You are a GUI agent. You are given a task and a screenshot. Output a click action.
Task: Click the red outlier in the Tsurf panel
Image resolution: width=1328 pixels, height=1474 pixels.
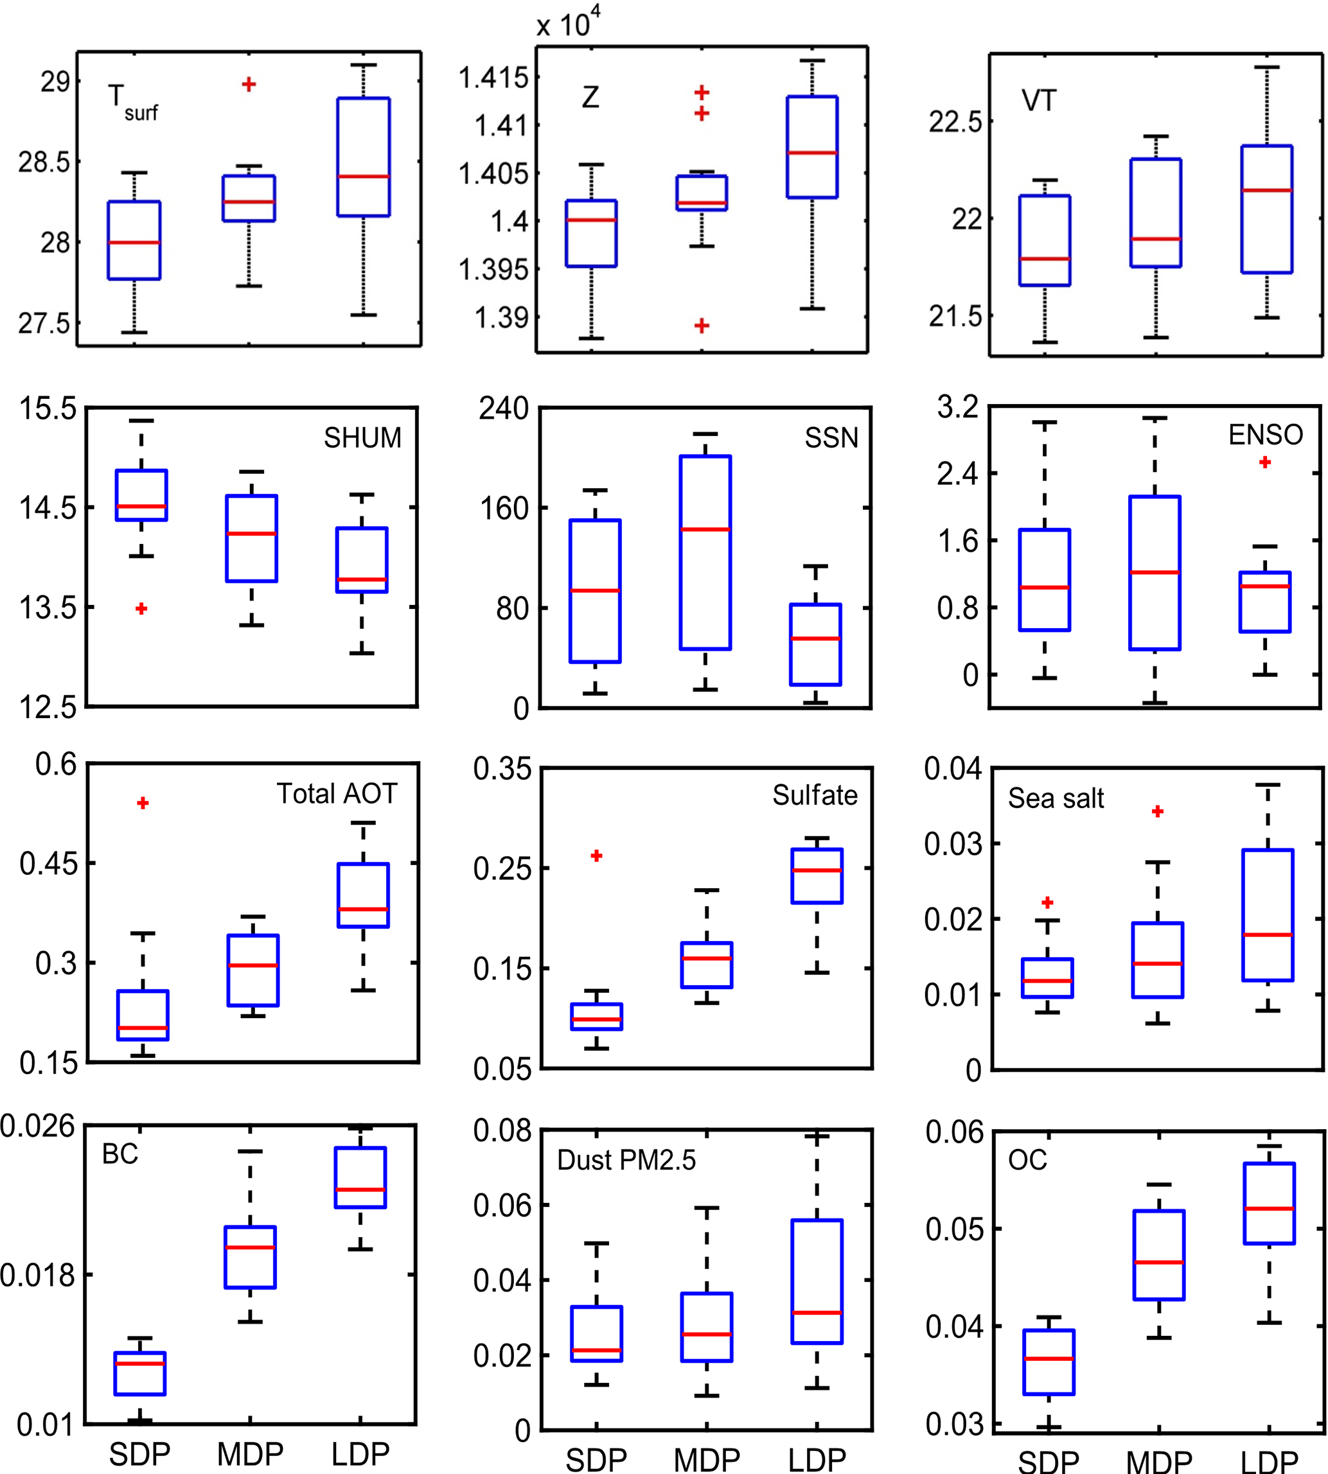coord(249,85)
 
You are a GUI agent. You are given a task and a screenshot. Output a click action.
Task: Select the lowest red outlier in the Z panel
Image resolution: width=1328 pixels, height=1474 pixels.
coord(701,325)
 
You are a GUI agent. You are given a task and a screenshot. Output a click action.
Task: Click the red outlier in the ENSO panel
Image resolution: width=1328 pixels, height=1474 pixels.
coord(1264,462)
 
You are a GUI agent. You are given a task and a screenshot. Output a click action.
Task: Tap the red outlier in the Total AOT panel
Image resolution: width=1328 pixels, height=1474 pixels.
coord(143,803)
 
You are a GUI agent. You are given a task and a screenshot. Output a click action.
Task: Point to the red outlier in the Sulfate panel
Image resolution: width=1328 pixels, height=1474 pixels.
coord(596,855)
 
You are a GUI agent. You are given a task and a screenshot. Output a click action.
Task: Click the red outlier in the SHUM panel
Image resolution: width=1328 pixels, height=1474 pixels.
coord(141,608)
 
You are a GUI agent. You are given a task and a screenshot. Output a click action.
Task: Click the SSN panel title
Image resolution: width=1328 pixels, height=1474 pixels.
coord(831,437)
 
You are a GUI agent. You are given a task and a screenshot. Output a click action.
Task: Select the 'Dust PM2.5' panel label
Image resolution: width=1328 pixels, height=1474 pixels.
coord(626,1160)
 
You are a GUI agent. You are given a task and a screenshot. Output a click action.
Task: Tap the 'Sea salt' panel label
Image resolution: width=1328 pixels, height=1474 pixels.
coord(1055,798)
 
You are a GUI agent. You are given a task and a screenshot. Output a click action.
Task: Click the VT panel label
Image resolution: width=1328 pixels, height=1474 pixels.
coord(1038,101)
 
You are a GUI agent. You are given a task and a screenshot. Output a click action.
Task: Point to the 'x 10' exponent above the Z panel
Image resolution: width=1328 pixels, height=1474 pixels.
coord(569,23)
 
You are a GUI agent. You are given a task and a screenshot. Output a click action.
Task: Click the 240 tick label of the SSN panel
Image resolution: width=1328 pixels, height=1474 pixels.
coord(504,408)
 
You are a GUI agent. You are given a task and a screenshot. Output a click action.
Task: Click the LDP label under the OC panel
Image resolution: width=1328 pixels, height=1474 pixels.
coord(1269,1461)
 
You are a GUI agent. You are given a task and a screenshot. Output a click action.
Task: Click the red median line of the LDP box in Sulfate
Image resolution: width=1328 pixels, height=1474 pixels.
coord(817,870)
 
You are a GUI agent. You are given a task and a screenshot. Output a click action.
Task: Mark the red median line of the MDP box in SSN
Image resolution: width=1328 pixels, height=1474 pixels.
coord(705,529)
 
